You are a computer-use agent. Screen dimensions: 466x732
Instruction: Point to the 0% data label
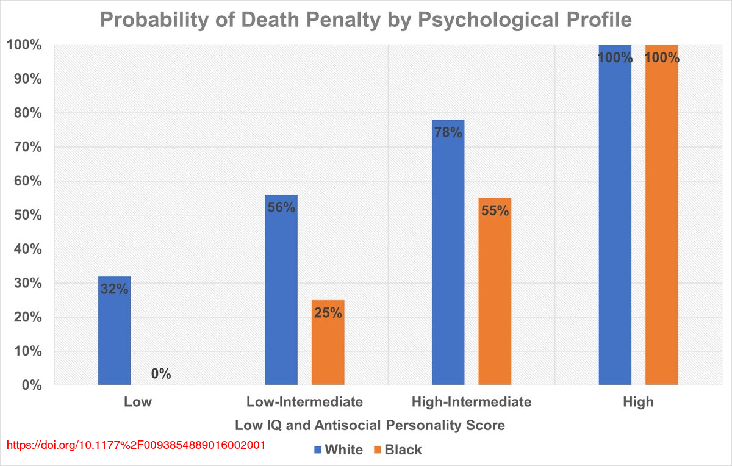[161, 373]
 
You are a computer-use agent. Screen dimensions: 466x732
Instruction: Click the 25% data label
[328, 314]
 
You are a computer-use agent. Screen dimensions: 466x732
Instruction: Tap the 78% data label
[448, 132]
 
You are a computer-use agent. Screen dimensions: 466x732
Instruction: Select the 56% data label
[281, 207]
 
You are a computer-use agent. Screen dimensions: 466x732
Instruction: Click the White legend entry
[339, 450]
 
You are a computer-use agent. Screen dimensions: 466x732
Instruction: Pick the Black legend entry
[397, 450]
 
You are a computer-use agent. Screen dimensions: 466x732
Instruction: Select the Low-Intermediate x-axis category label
[304, 402]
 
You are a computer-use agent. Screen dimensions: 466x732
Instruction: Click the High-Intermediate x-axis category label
[472, 402]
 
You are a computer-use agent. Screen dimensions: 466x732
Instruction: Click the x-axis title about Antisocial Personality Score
[370, 425]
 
